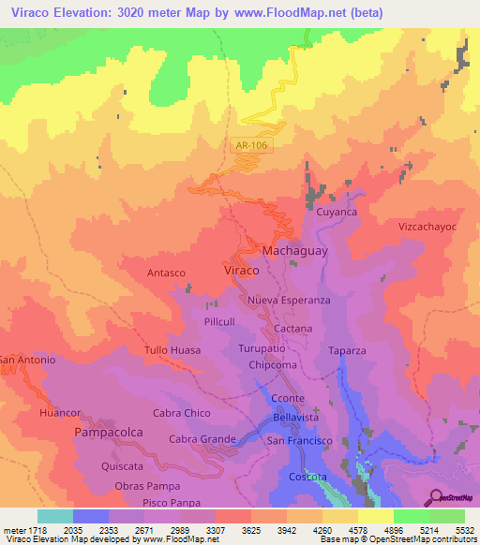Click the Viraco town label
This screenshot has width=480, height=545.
pyautogui.click(x=242, y=270)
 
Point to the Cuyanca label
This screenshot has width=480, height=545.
pyautogui.click(x=337, y=213)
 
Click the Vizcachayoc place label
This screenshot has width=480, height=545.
pyautogui.click(x=427, y=228)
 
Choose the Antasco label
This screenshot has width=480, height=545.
pyautogui.click(x=166, y=272)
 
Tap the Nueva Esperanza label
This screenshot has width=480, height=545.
pyautogui.click(x=289, y=301)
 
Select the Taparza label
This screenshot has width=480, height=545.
pyautogui.click(x=346, y=351)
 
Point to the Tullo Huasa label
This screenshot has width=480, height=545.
pyautogui.click(x=172, y=350)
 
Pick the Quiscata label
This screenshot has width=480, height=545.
pyautogui.click(x=124, y=465)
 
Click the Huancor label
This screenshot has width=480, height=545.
pyautogui.click(x=61, y=412)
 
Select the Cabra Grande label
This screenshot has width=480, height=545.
pyautogui.click(x=202, y=439)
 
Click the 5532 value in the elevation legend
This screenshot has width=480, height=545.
pyautogui.click(x=463, y=528)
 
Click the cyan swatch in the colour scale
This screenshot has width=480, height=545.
pyautogui.click(x=54, y=516)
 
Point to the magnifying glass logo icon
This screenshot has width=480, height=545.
pyautogui.click(x=436, y=497)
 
